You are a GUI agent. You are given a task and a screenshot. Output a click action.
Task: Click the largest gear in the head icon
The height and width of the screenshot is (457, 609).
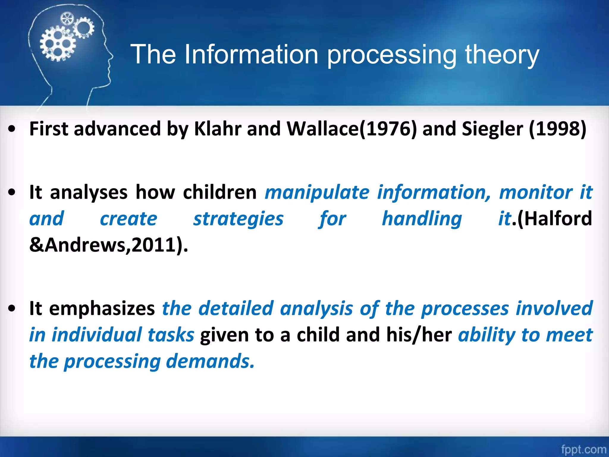(57, 44)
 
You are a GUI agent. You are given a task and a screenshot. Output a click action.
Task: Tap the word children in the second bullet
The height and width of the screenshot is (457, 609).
(219, 192)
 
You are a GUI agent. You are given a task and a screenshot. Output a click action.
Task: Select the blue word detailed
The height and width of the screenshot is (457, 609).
(236, 308)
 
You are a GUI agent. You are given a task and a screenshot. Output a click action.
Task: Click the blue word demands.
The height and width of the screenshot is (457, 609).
(210, 361)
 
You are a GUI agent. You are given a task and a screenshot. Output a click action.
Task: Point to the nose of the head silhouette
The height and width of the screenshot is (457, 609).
(112, 56)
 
